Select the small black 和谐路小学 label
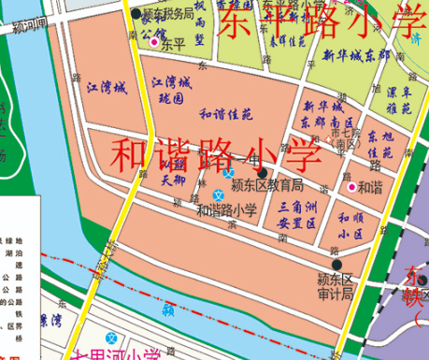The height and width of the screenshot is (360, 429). coord(226,210)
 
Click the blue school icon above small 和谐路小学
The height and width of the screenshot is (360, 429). coord(229,173)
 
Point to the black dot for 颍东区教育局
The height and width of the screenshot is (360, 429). coord(263,173)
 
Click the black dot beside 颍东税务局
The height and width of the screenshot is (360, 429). coord(136,14)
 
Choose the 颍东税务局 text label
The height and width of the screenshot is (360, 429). coord(168,14)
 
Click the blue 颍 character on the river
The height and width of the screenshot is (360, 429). coord(167,307)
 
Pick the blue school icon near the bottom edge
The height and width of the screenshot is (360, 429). coord(112,338)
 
